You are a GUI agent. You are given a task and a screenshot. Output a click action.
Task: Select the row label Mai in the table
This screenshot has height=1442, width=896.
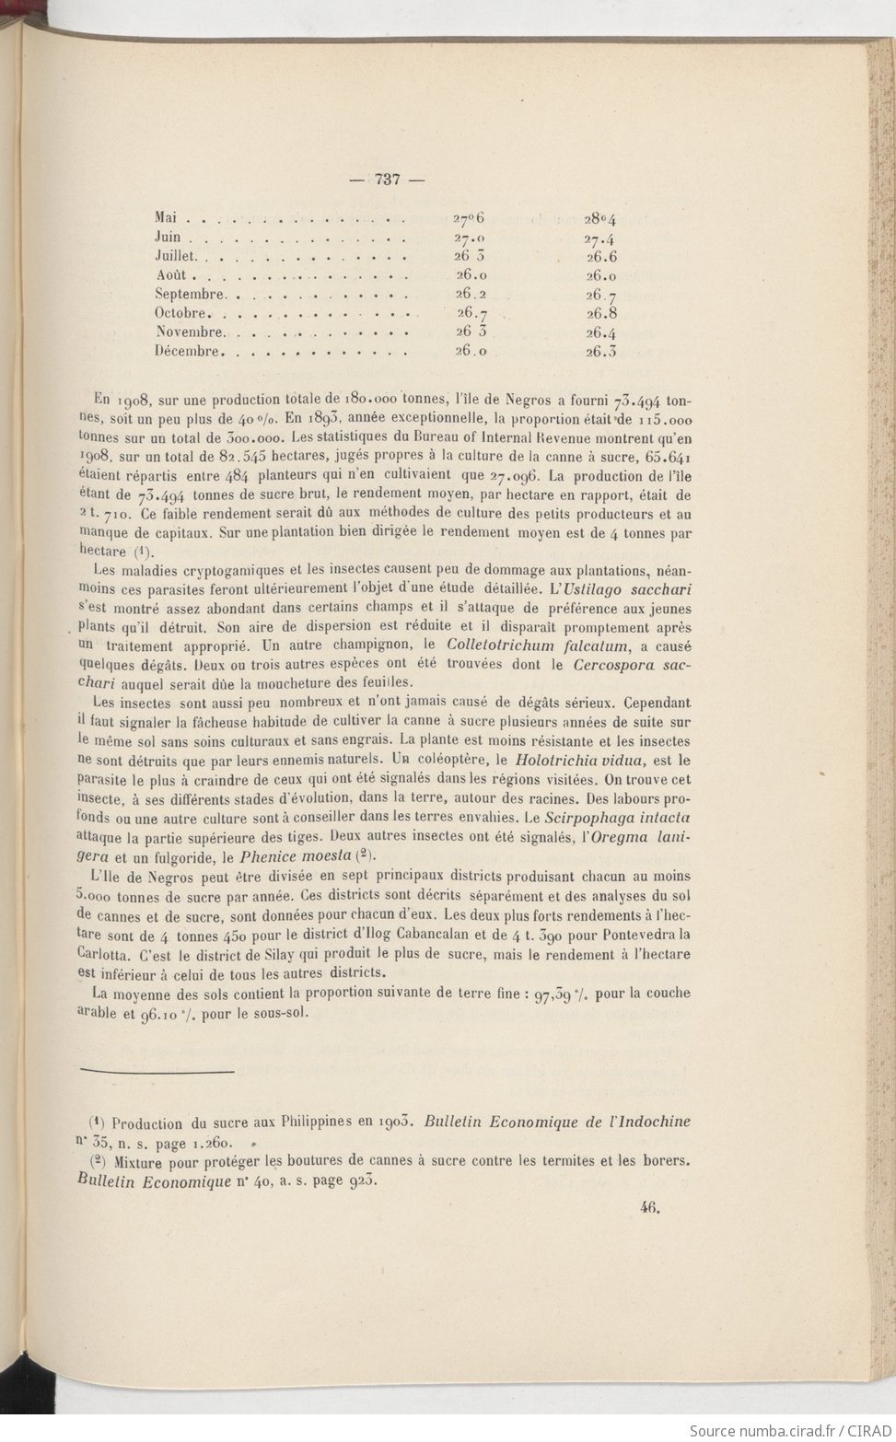[x=166, y=218]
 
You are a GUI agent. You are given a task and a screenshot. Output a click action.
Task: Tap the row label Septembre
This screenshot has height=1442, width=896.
[x=191, y=294]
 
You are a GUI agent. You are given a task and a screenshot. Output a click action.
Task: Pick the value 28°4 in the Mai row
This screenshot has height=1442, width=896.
[x=599, y=219]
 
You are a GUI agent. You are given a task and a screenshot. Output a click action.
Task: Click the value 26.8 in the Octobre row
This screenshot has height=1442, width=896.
[x=600, y=313]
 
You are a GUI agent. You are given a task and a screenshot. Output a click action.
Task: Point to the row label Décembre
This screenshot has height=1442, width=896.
[x=188, y=351]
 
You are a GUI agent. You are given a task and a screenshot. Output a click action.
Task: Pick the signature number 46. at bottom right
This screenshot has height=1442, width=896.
[x=653, y=1212]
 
